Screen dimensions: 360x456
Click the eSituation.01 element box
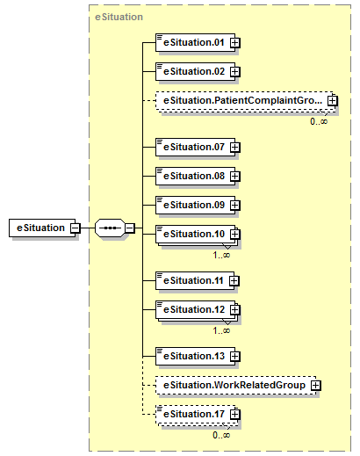click(x=195, y=43)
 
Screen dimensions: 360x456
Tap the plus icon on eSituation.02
click(x=235, y=72)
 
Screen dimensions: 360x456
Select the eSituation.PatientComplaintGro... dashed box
click(x=244, y=101)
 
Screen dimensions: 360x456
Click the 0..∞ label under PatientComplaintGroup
click(x=319, y=121)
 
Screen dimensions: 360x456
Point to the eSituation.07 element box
click(x=195, y=147)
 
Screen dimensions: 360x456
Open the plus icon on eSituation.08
click(x=235, y=177)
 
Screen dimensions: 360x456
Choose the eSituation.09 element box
click(x=195, y=205)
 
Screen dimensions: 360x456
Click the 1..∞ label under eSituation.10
click(x=221, y=255)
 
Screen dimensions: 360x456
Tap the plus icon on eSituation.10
click(x=235, y=235)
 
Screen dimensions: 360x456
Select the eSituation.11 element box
click(x=195, y=281)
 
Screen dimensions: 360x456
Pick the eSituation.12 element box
click(x=195, y=310)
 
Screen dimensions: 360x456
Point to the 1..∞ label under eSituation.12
click(x=221, y=330)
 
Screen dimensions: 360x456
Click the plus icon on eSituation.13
click(x=235, y=357)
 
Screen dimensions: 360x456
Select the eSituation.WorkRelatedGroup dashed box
click(x=236, y=386)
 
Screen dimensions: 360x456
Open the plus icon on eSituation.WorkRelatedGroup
click(x=315, y=386)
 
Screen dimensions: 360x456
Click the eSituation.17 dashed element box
click(x=195, y=415)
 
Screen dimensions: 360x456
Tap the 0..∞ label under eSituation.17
click(x=221, y=435)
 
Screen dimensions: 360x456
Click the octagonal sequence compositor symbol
click(x=110, y=228)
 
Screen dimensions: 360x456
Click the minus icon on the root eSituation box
click(x=76, y=228)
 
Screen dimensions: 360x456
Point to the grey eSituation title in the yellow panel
click(x=119, y=17)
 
